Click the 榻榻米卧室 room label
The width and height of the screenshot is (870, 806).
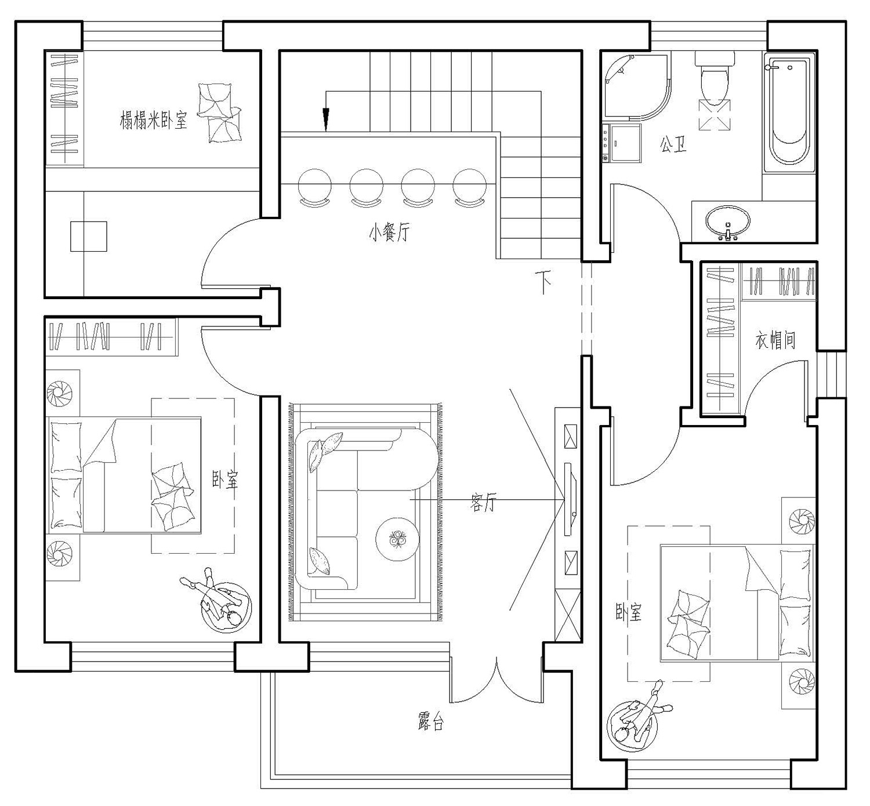[x=153, y=120]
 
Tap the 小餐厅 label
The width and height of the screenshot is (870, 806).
[x=389, y=232]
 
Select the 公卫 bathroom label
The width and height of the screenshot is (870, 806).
[x=673, y=144]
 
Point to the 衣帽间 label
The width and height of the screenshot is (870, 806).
[x=775, y=340]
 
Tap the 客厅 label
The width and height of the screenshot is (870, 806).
[x=483, y=502]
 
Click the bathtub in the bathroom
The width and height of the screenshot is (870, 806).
[x=789, y=112]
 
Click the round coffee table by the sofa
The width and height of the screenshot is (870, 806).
[x=397, y=538]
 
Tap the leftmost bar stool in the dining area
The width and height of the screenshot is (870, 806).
[x=314, y=187]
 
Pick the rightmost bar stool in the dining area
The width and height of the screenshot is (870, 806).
[x=470, y=187]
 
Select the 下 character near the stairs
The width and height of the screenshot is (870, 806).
[x=543, y=282]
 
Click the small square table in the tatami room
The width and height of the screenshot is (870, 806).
[x=89, y=237]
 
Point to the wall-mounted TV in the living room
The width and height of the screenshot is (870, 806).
[x=570, y=499]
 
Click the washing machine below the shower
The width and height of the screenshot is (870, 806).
[x=622, y=143]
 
